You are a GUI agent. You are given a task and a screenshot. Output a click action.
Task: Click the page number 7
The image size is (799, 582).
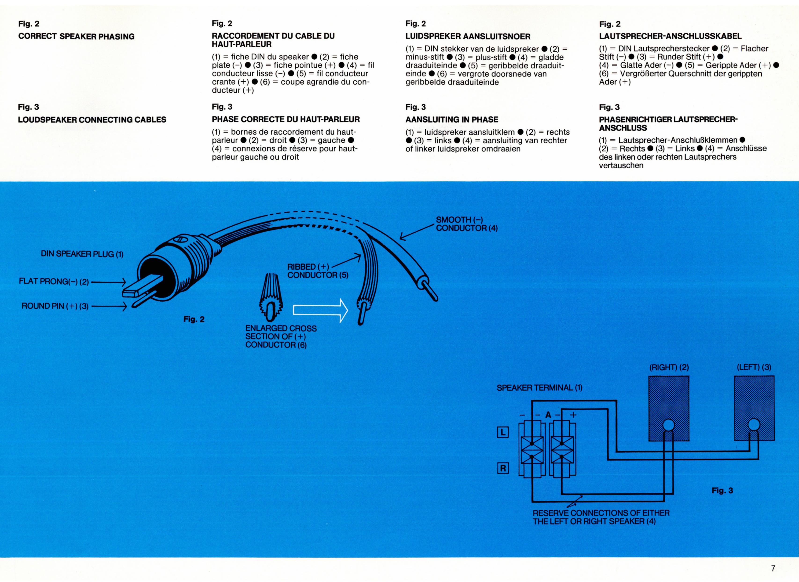point(773,568)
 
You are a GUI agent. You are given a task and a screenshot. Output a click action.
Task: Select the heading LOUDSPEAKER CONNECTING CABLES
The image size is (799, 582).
point(92,120)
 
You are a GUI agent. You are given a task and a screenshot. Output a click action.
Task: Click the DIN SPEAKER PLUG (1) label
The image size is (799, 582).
point(82,254)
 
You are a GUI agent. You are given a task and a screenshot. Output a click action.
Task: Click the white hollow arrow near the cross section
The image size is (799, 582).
point(320,310)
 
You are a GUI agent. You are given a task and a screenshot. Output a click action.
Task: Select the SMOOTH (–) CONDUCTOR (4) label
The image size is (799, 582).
point(466,224)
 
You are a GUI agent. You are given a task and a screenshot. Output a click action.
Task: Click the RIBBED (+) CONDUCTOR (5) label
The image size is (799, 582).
point(318,271)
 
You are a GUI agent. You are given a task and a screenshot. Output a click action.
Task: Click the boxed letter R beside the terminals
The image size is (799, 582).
point(503,468)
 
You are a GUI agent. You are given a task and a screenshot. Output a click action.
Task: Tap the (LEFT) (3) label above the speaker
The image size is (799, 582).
point(754,367)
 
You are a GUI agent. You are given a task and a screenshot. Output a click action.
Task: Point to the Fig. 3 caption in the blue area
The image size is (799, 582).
point(722,490)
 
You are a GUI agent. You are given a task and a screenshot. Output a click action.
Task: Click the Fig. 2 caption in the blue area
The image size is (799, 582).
point(194,319)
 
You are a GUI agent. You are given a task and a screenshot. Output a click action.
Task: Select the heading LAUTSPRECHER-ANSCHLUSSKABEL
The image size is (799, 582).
point(670,36)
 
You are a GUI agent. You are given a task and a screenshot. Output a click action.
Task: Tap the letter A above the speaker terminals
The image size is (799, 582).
point(548,415)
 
